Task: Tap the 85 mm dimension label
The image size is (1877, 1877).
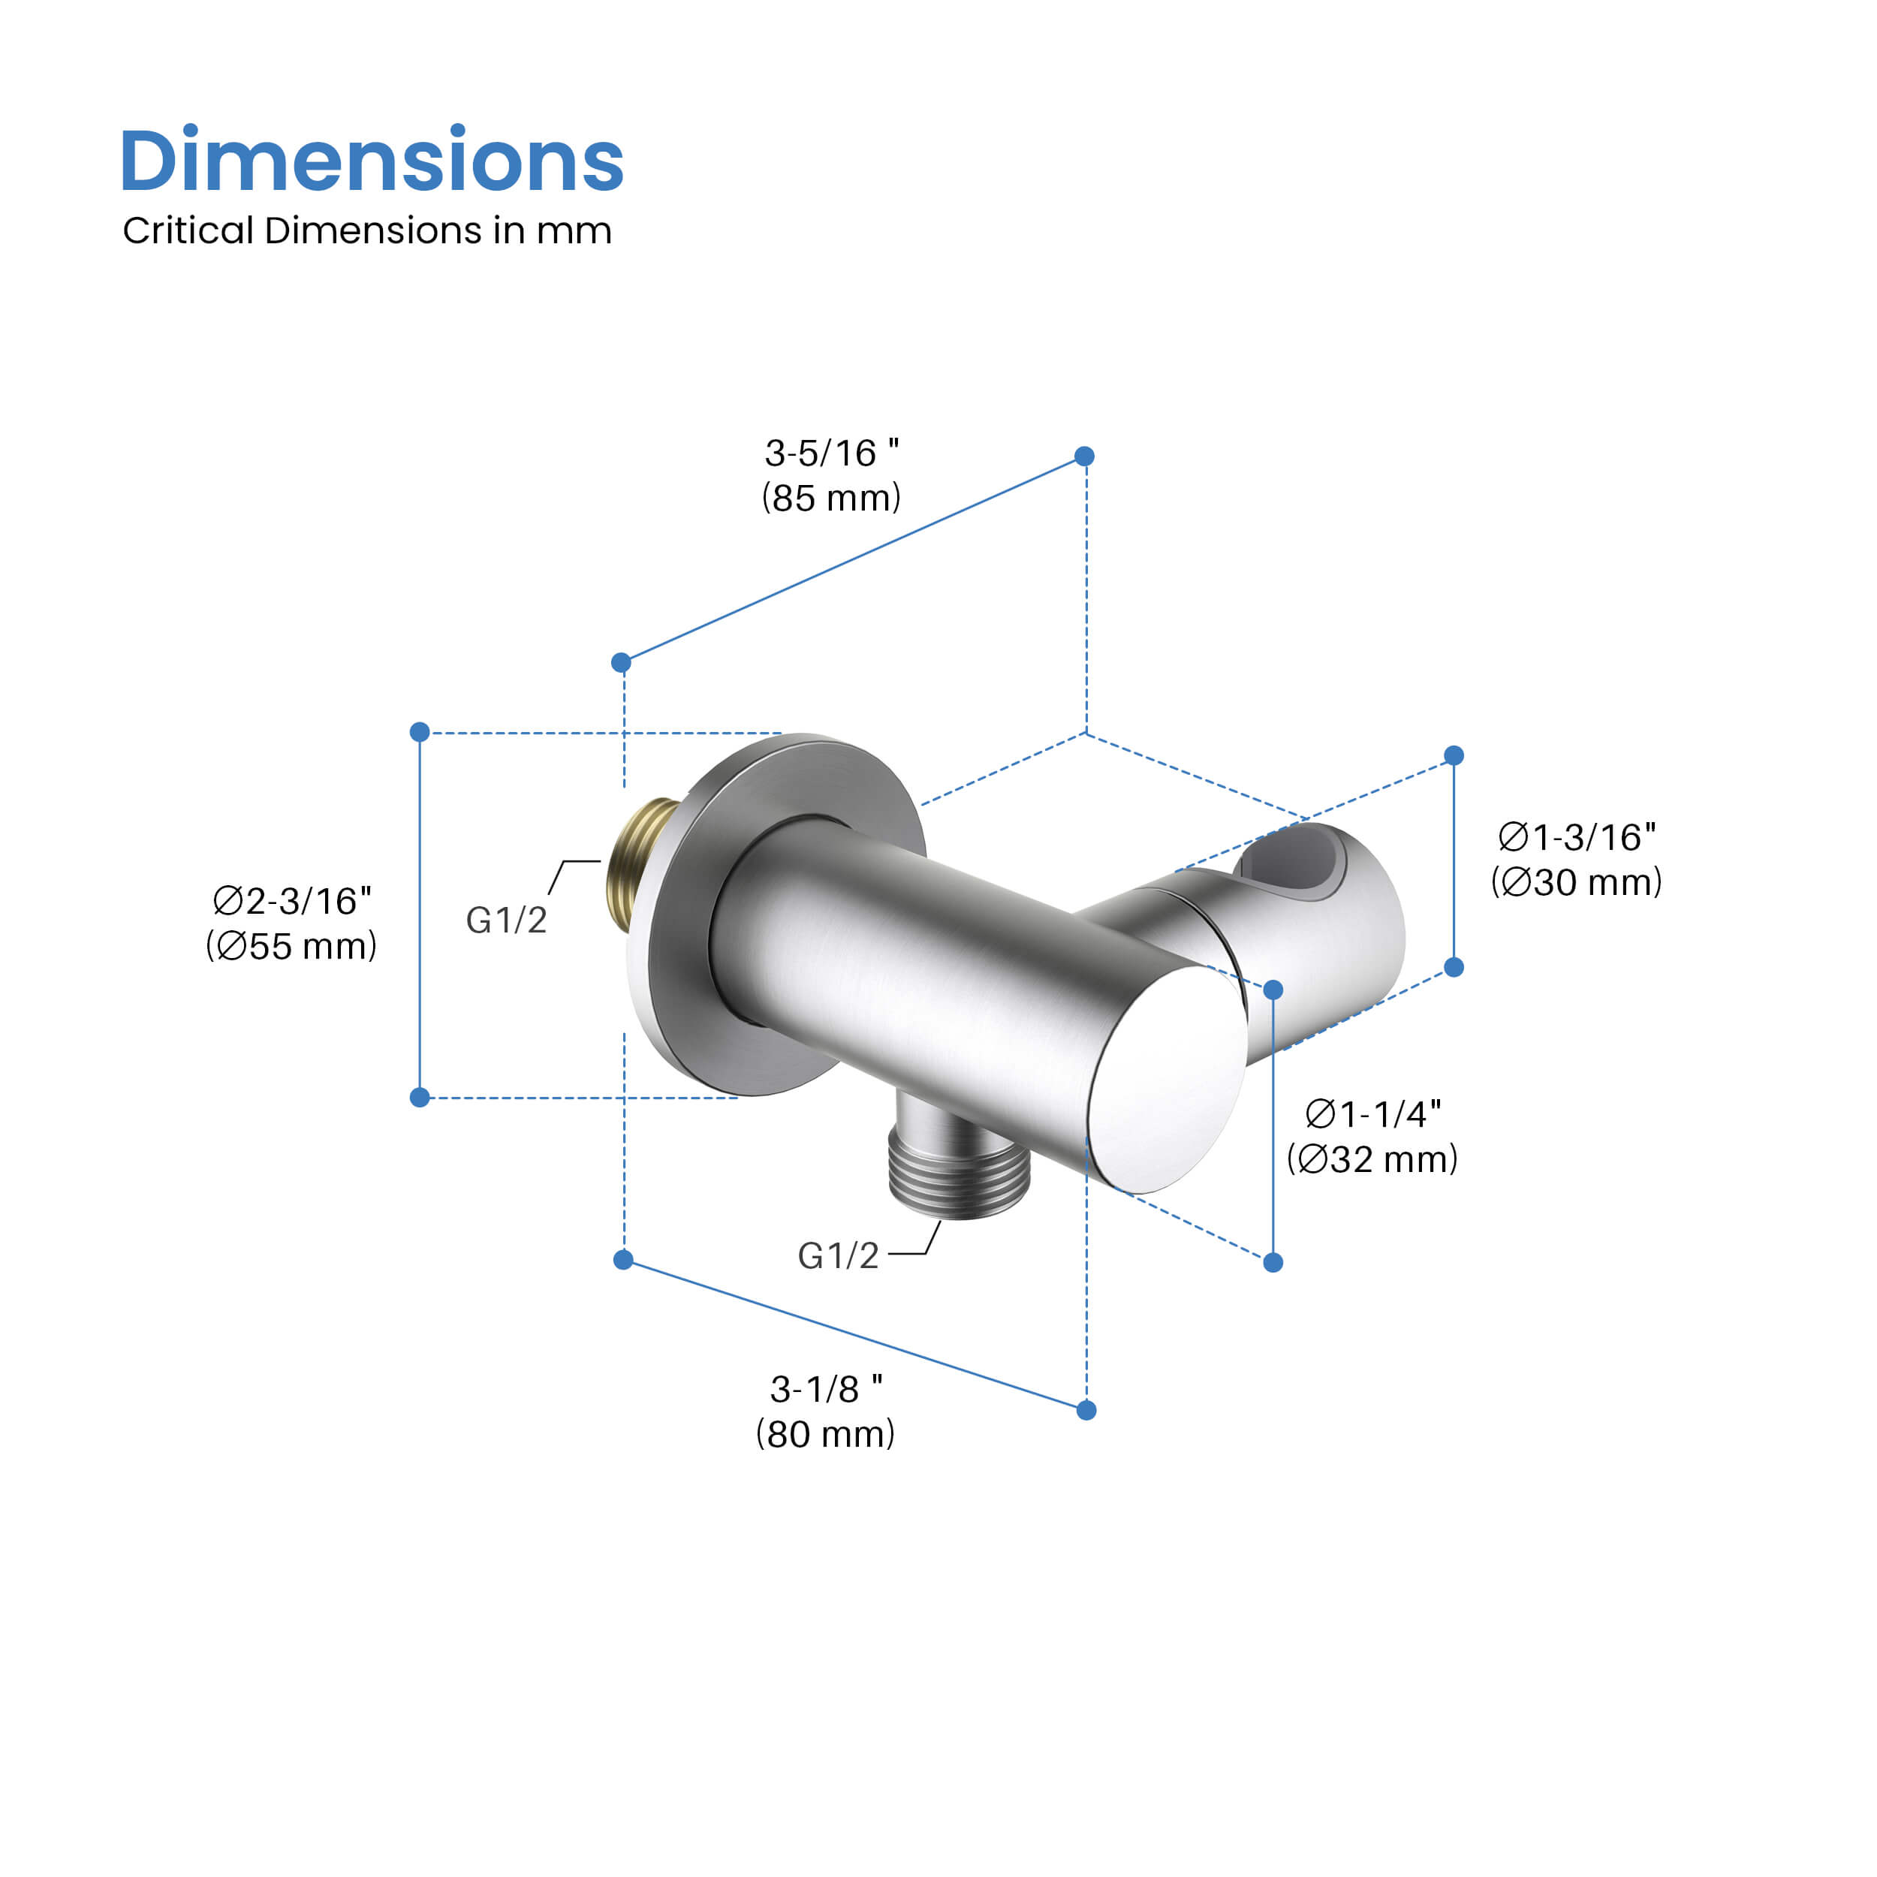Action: coord(830,498)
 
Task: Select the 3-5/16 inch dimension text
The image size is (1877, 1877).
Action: coord(830,453)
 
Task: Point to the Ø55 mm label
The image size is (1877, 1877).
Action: coord(291,945)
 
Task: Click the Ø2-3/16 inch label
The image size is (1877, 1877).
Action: coord(291,901)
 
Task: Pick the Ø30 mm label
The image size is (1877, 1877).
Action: coord(1576,881)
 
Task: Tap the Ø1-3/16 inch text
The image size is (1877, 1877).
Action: coord(1576,836)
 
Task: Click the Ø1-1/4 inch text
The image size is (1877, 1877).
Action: coord(1372,1113)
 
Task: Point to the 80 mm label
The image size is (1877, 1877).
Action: coord(825,1434)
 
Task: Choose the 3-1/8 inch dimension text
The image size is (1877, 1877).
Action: coord(825,1389)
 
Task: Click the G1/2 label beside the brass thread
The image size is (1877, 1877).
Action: coord(506,920)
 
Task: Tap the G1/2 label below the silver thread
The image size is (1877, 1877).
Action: coord(837,1256)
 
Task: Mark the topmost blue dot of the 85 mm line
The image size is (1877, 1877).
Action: coord(1085,456)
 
